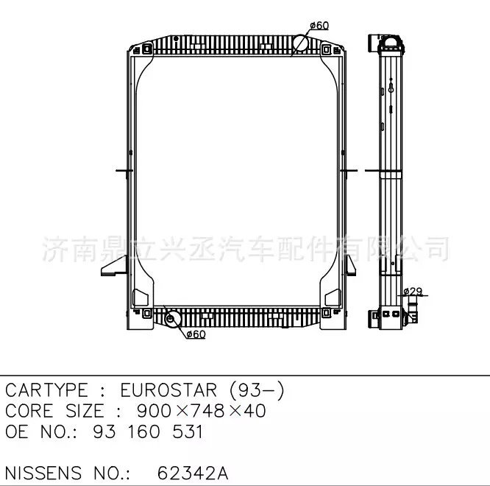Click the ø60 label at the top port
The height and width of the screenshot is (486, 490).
pyautogui.click(x=319, y=25)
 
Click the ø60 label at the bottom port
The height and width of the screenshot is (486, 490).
pyautogui.click(x=196, y=334)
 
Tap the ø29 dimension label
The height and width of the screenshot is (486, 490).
pyautogui.click(x=414, y=292)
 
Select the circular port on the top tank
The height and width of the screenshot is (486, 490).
pyautogui.click(x=302, y=43)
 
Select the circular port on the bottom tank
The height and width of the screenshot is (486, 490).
pyautogui.click(x=174, y=319)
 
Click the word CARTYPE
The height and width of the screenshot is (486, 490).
pyautogui.click(x=46, y=390)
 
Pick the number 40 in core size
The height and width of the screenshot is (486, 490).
pyautogui.click(x=255, y=411)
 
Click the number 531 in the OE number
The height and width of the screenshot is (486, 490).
pyautogui.click(x=185, y=432)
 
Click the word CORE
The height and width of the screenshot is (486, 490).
pyautogui.click(x=29, y=411)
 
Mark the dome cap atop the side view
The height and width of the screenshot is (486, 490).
pyautogui.click(x=392, y=40)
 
